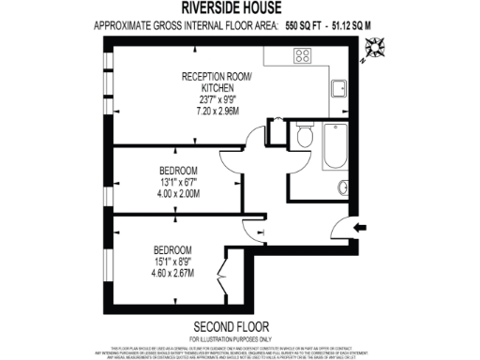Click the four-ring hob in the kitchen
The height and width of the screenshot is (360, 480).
coord(305,55)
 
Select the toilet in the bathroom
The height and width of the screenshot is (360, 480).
coord(303,138)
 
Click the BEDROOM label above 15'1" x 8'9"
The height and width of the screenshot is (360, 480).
coord(174,249)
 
